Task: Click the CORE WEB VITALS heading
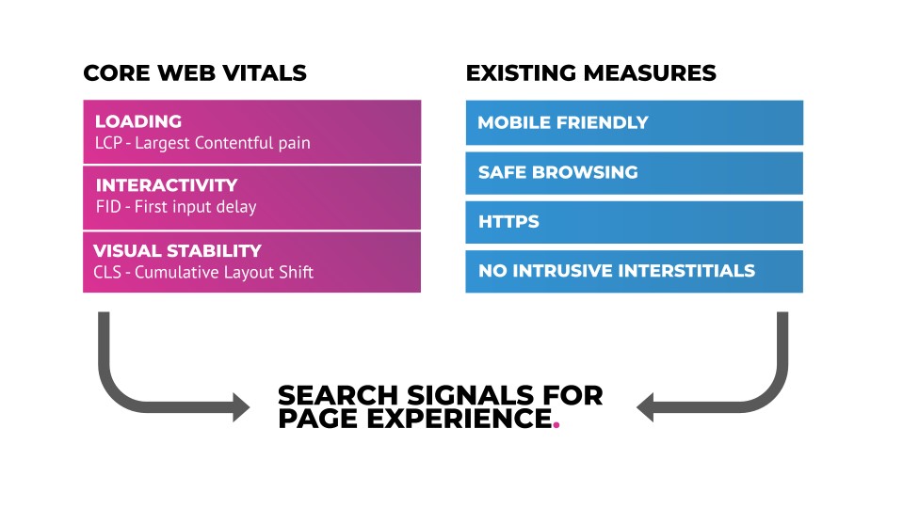point(195,73)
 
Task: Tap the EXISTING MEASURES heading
point(591,73)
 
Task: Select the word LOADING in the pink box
point(138,121)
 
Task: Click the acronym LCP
point(108,143)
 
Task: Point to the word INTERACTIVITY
point(167,185)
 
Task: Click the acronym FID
point(108,207)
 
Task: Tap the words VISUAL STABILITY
point(177,251)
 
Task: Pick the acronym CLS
point(107,272)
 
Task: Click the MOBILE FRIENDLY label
point(563,122)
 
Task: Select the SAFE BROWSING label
point(558,172)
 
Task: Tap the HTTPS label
point(508,221)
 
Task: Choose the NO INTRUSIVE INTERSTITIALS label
point(616,271)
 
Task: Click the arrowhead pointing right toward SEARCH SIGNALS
point(241,407)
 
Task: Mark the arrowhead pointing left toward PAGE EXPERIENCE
point(645,407)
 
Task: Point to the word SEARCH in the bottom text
point(338,395)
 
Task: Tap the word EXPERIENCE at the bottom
point(460,419)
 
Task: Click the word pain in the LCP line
point(295,144)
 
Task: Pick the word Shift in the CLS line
point(298,272)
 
